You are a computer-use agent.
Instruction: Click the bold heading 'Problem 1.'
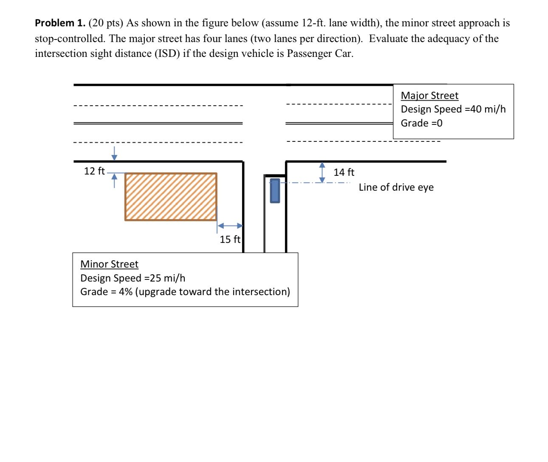pyautogui.click(x=60, y=23)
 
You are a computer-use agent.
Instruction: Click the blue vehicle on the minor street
pyautogui.click(x=275, y=191)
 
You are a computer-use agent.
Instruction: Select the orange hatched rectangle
pyautogui.click(x=171, y=197)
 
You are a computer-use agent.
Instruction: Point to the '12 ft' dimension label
pyautogui.click(x=94, y=171)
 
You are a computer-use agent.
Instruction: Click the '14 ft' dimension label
pyautogui.click(x=344, y=172)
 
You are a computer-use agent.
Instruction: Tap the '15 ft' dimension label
pyautogui.click(x=230, y=239)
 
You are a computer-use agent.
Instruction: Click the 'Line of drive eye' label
pyautogui.click(x=396, y=187)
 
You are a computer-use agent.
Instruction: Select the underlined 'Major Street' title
pyautogui.click(x=429, y=96)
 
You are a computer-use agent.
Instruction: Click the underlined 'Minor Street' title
pyautogui.click(x=109, y=264)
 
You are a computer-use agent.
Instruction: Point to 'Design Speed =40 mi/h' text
pyautogui.click(x=453, y=109)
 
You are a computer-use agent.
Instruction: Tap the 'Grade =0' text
pyautogui.click(x=421, y=123)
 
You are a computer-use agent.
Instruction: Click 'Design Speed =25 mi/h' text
pyautogui.click(x=133, y=278)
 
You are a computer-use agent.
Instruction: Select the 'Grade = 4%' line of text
pyautogui.click(x=185, y=292)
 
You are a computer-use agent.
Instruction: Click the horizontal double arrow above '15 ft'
pyautogui.click(x=230, y=226)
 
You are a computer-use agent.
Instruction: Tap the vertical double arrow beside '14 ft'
pyautogui.click(x=322, y=172)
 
